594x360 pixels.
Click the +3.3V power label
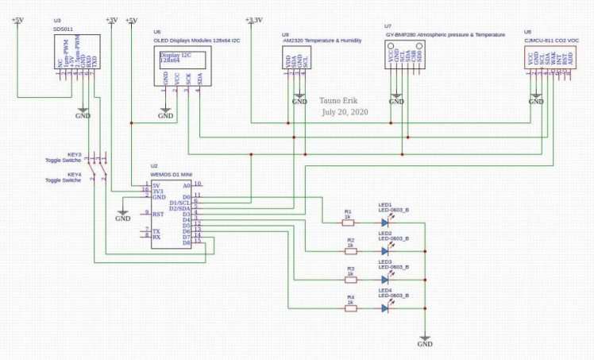pyautogui.click(x=254, y=20)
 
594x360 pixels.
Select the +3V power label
pyautogui.click(x=111, y=20)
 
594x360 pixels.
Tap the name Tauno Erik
pyautogui.click(x=340, y=102)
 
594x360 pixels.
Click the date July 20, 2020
pyautogui.click(x=345, y=113)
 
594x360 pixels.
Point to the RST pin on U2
pyautogui.click(x=158, y=214)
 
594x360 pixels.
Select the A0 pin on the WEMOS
pyautogui.click(x=187, y=185)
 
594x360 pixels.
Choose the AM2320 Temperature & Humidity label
pyautogui.click(x=318, y=37)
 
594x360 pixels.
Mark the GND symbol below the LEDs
pyautogui.click(x=425, y=342)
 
